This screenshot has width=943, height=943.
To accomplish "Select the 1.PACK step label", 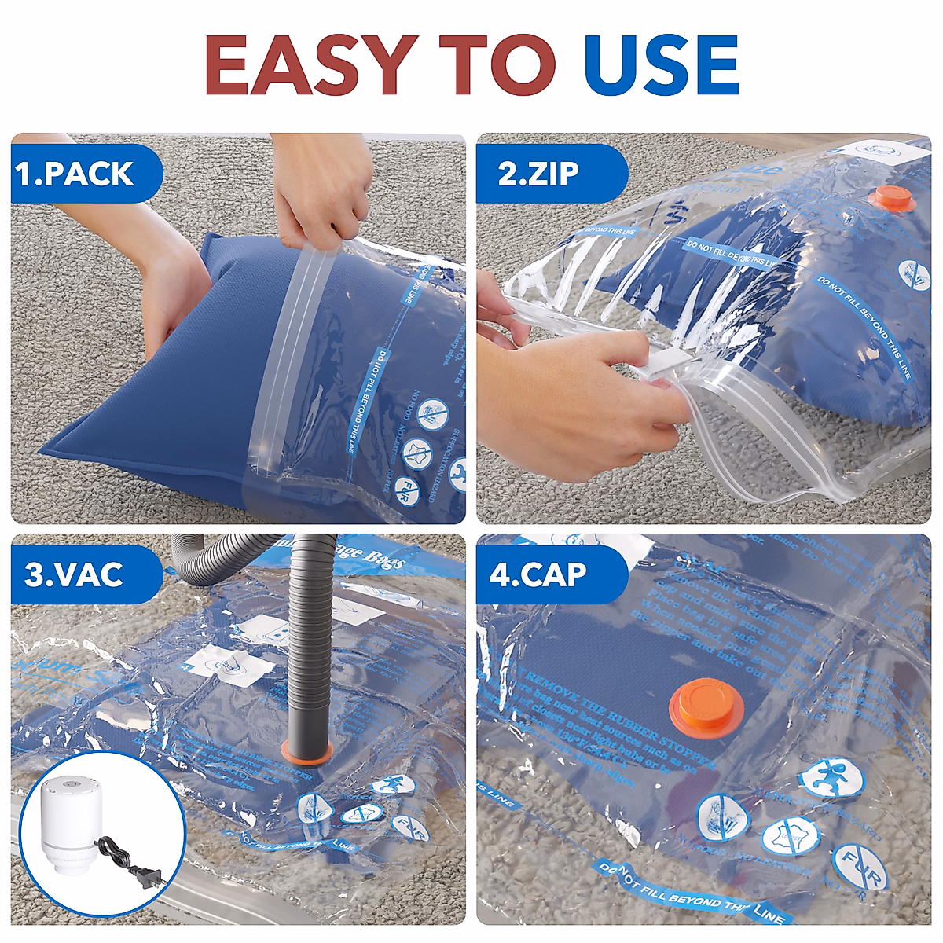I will tap(75, 174).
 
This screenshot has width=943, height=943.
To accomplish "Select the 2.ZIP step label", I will tap(538, 174).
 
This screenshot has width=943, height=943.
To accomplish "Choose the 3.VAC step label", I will tap(74, 574).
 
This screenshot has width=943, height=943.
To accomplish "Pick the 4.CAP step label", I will tap(538, 574).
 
